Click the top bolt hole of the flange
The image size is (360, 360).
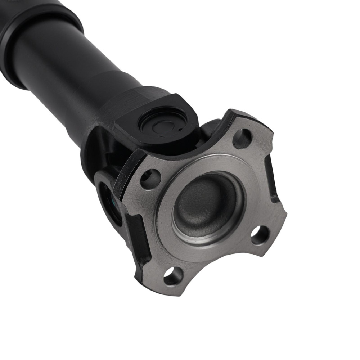[242, 139]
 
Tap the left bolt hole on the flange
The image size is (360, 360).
[150, 179]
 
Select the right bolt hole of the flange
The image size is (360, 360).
[260, 235]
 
